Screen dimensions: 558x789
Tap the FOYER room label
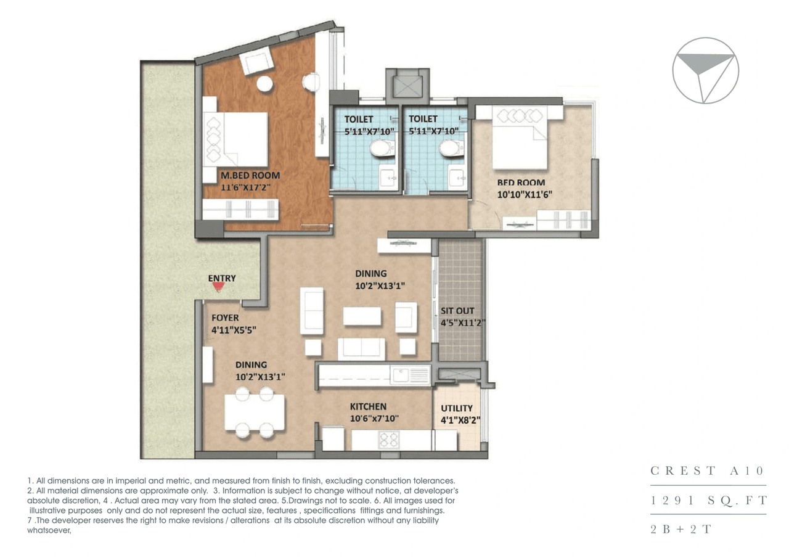pyautogui.click(x=225, y=318)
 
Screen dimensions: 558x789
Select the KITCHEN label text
pyautogui.click(x=368, y=406)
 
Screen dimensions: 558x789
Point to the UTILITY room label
pyautogui.click(x=457, y=408)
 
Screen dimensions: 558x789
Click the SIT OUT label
pyautogui.click(x=457, y=311)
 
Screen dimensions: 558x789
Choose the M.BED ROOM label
pyautogui.click(x=250, y=175)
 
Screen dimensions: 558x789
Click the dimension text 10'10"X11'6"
pyautogui.click(x=525, y=194)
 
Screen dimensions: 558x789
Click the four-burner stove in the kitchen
pyautogui.click(x=389, y=440)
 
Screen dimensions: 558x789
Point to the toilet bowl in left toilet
pyautogui.click(x=381, y=148)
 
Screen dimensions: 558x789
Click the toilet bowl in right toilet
pyautogui.click(x=450, y=148)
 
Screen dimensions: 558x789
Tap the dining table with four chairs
pyautogui.click(x=255, y=412)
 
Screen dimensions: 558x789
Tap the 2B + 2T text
pyautogui.click(x=681, y=530)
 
